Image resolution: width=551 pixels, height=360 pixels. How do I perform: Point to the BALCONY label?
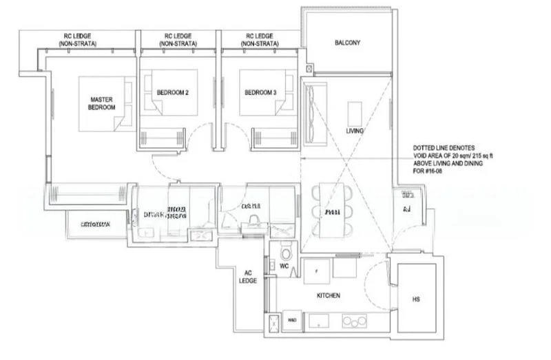[347, 43]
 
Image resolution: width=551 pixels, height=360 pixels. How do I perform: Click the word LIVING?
[355, 131]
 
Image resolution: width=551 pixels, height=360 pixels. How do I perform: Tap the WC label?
[283, 266]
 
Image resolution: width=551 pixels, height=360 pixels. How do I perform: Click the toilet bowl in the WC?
[286, 251]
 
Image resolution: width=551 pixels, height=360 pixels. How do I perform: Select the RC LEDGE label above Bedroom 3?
[262, 39]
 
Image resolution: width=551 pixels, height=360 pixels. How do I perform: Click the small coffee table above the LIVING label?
[355, 111]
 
